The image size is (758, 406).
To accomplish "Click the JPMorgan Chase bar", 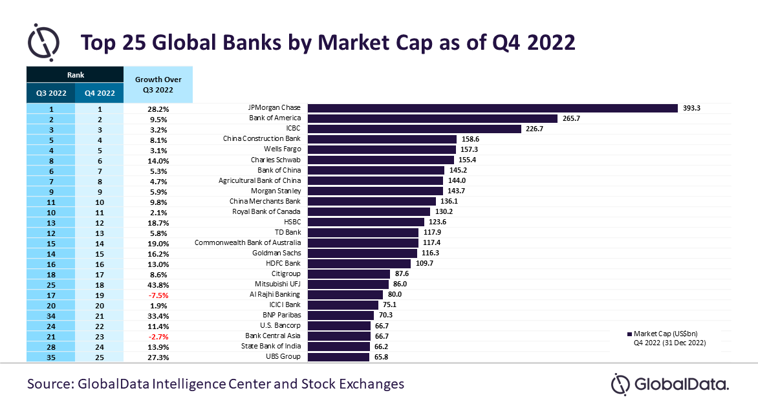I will [492, 108].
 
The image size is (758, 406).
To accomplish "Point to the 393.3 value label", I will [691, 108].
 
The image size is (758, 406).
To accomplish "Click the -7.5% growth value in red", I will [158, 295].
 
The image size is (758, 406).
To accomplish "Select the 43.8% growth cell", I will [158, 284].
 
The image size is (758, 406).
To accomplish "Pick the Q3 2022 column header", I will [50, 92].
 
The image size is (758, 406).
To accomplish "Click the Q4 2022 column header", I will [99, 92].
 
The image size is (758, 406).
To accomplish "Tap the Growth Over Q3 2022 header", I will [158, 84].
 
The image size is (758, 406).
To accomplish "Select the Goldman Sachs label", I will [276, 253].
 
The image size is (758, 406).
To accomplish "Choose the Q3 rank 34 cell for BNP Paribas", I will [50, 315].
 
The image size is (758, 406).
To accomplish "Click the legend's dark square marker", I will [629, 334].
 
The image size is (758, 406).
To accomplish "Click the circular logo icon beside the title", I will [44, 41].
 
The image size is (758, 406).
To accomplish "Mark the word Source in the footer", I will [49, 384].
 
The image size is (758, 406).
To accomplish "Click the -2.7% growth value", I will [158, 336].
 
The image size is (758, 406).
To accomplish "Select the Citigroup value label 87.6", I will [402, 274].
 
